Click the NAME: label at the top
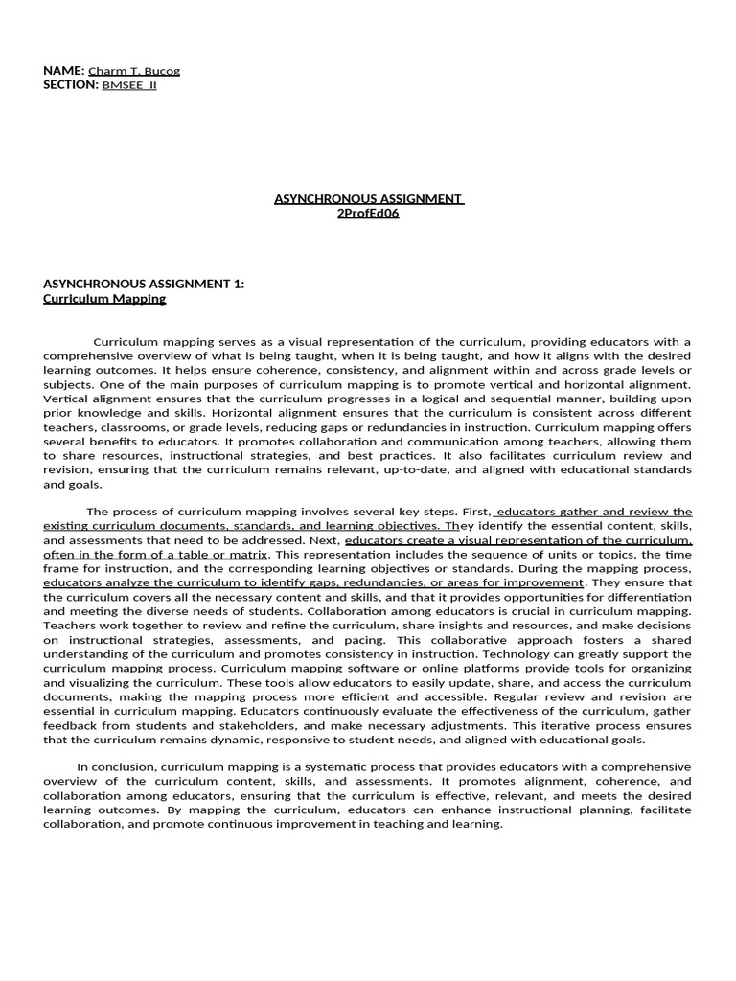click(x=64, y=71)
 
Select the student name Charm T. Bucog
click(x=134, y=71)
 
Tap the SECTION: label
click(x=71, y=84)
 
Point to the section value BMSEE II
click(x=129, y=85)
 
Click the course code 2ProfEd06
click(x=368, y=213)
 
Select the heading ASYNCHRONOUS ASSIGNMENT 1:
click(x=144, y=284)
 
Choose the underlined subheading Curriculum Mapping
click(x=104, y=298)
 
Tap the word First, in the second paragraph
click(x=475, y=512)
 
